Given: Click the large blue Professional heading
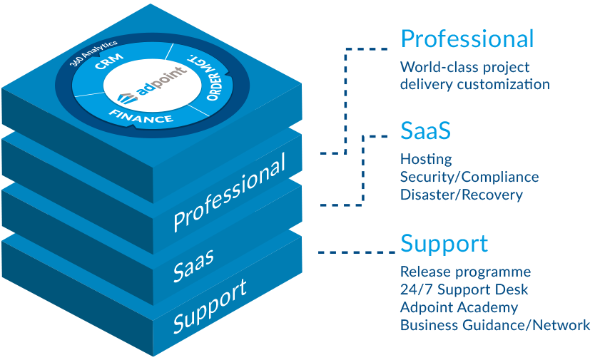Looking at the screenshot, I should point(467,38).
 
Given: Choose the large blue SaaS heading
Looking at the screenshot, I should point(426,131).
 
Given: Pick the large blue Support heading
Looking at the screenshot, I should point(444,243).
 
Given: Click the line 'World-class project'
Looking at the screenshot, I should point(464,68).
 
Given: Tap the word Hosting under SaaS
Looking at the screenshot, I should point(426,159).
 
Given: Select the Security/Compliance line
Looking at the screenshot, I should point(469,177).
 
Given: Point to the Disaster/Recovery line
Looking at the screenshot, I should point(461,195).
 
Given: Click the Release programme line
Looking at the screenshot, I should point(465,272).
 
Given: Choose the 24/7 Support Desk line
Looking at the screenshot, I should point(464,289).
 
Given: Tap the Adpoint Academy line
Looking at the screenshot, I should point(459,307).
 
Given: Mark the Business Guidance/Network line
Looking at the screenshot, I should point(494,325).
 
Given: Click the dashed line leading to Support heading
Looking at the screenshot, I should point(357,252).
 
